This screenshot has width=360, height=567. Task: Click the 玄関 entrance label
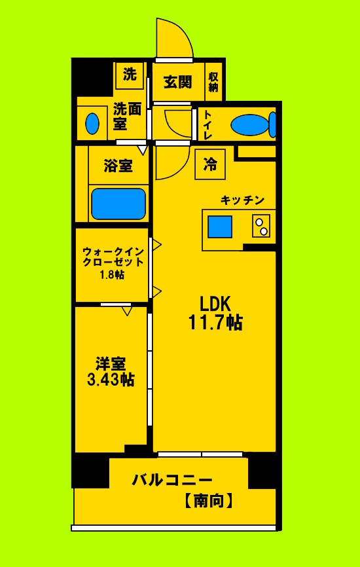177,82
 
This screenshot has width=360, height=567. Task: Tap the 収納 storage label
213,82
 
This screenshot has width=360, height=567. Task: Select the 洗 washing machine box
130,75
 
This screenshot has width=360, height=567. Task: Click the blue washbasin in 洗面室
92,122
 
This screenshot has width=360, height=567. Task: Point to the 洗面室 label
127,115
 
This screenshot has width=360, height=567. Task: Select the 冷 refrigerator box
210,164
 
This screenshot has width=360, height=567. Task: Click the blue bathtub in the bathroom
118,204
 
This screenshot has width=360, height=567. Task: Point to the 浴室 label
118,166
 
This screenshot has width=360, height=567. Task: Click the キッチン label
242,200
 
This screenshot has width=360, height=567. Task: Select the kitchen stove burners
261,227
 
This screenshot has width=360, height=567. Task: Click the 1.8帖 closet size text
112,275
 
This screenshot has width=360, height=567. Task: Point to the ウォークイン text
112,251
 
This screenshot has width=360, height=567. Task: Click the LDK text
215,303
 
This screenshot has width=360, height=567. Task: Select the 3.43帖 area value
111,379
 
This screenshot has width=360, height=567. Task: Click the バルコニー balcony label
172,479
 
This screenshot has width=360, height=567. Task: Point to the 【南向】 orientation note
207,502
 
